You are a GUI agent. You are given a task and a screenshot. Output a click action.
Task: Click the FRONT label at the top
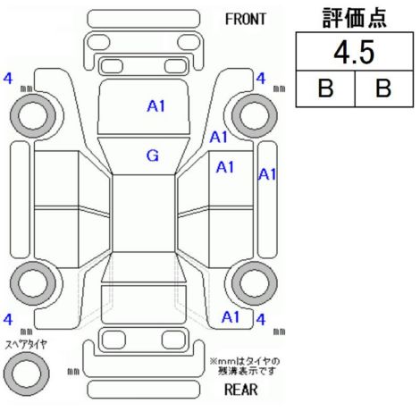point(245,20)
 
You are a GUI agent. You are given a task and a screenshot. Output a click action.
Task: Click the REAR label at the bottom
point(241,390)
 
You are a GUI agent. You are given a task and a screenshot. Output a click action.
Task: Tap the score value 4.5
point(354,53)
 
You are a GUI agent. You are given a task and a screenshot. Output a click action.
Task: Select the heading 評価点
point(354,18)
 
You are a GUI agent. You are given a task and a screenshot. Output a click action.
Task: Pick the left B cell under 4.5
point(325,88)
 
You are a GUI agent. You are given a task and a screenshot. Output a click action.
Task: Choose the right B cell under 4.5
point(383,88)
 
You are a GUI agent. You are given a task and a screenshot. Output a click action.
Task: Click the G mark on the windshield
point(153,155)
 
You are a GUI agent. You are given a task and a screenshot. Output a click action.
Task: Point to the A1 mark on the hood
point(156,106)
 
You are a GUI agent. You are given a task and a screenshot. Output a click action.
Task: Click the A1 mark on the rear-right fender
point(231,317)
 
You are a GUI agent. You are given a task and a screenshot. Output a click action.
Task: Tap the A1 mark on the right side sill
point(267,174)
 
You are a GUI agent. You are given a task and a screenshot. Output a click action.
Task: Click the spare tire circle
point(27,374)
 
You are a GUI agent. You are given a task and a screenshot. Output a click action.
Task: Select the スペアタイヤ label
point(26,345)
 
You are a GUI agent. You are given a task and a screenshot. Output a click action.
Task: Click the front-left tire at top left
point(33,116)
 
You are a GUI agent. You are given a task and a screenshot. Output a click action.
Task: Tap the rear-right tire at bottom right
point(255,283)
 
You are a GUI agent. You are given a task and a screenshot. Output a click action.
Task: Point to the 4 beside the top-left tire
point(8,79)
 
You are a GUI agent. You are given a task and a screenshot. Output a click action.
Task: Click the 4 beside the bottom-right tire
point(261,320)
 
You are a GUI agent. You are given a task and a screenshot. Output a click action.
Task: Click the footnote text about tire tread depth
point(245,366)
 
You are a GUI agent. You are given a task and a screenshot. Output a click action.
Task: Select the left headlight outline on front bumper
point(99,42)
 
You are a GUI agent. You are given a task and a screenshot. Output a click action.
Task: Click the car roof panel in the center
point(143,214)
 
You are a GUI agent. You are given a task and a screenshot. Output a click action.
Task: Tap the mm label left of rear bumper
point(73,372)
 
